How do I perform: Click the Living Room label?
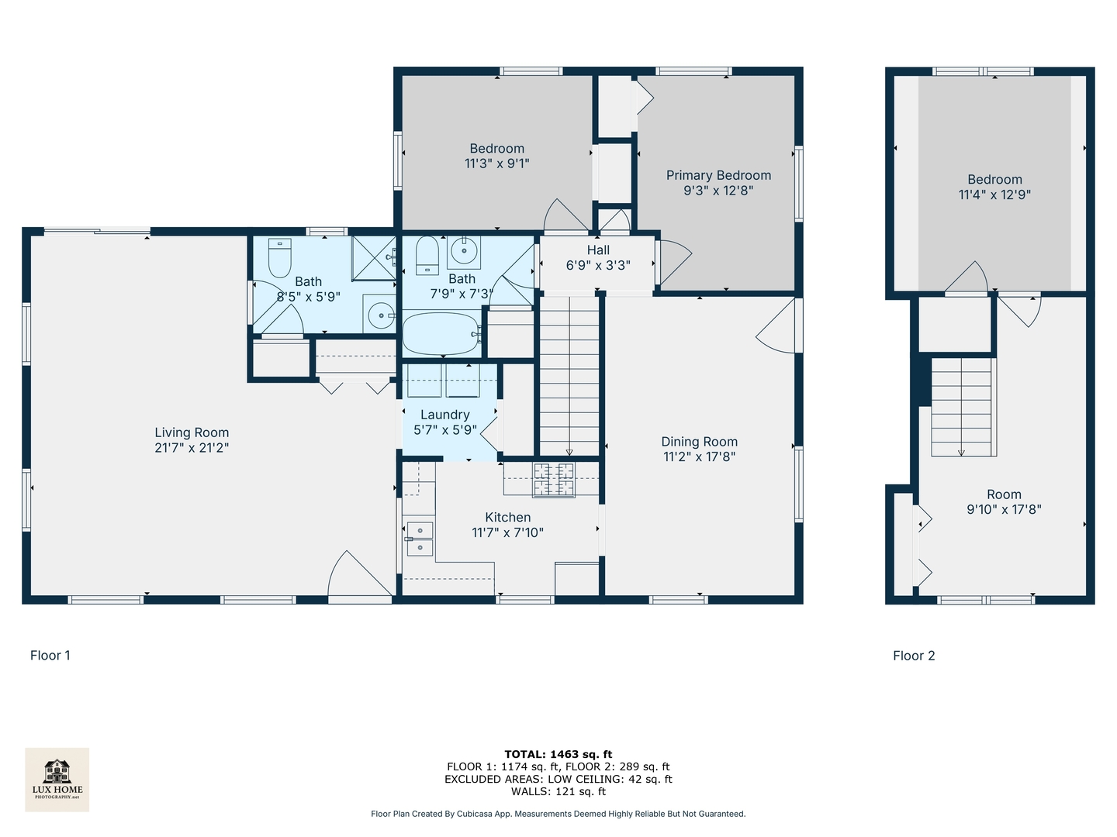coord(192,432)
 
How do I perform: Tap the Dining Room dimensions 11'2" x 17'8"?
coord(699,457)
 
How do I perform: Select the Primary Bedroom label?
coord(718,175)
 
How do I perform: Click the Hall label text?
coord(598,250)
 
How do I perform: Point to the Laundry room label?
coord(444,415)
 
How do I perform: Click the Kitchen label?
coord(508,518)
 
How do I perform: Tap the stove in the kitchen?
coord(554,479)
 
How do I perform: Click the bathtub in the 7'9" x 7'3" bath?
coord(441,333)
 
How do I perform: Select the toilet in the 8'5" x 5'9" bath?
coord(279,257)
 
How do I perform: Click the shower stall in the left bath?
coord(374,257)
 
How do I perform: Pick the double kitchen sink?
coord(420,539)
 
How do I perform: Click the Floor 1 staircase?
coord(569,376)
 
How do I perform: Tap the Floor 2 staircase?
coord(961,407)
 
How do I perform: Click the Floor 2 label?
coord(914,656)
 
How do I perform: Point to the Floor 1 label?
coord(50,656)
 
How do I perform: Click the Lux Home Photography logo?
coord(57,780)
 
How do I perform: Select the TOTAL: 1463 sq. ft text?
coord(558,754)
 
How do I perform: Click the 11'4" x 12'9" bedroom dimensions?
coord(995,195)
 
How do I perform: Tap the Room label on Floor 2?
coord(1004,494)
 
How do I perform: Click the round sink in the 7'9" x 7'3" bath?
coord(464,252)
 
